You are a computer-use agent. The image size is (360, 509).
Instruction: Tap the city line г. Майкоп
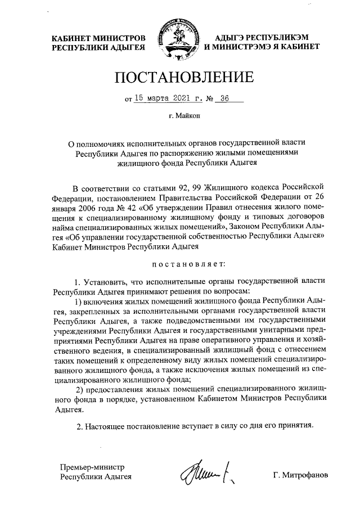(x=180, y=117)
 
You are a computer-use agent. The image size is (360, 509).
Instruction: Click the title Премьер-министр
(x=92, y=467)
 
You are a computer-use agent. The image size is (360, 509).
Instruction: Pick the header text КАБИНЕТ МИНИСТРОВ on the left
(x=98, y=38)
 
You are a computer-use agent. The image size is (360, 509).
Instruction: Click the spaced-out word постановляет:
(x=180, y=263)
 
